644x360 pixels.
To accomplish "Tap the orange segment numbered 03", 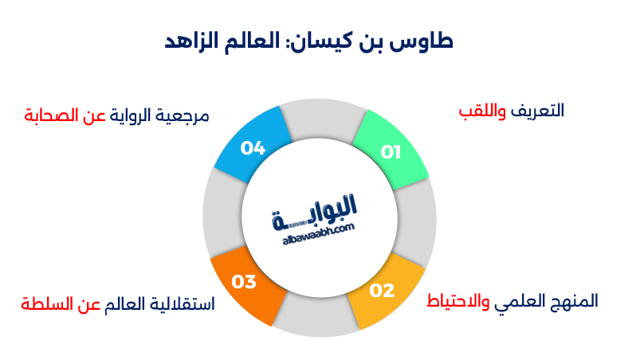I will [246, 282].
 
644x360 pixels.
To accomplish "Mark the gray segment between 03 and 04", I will [218, 215].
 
